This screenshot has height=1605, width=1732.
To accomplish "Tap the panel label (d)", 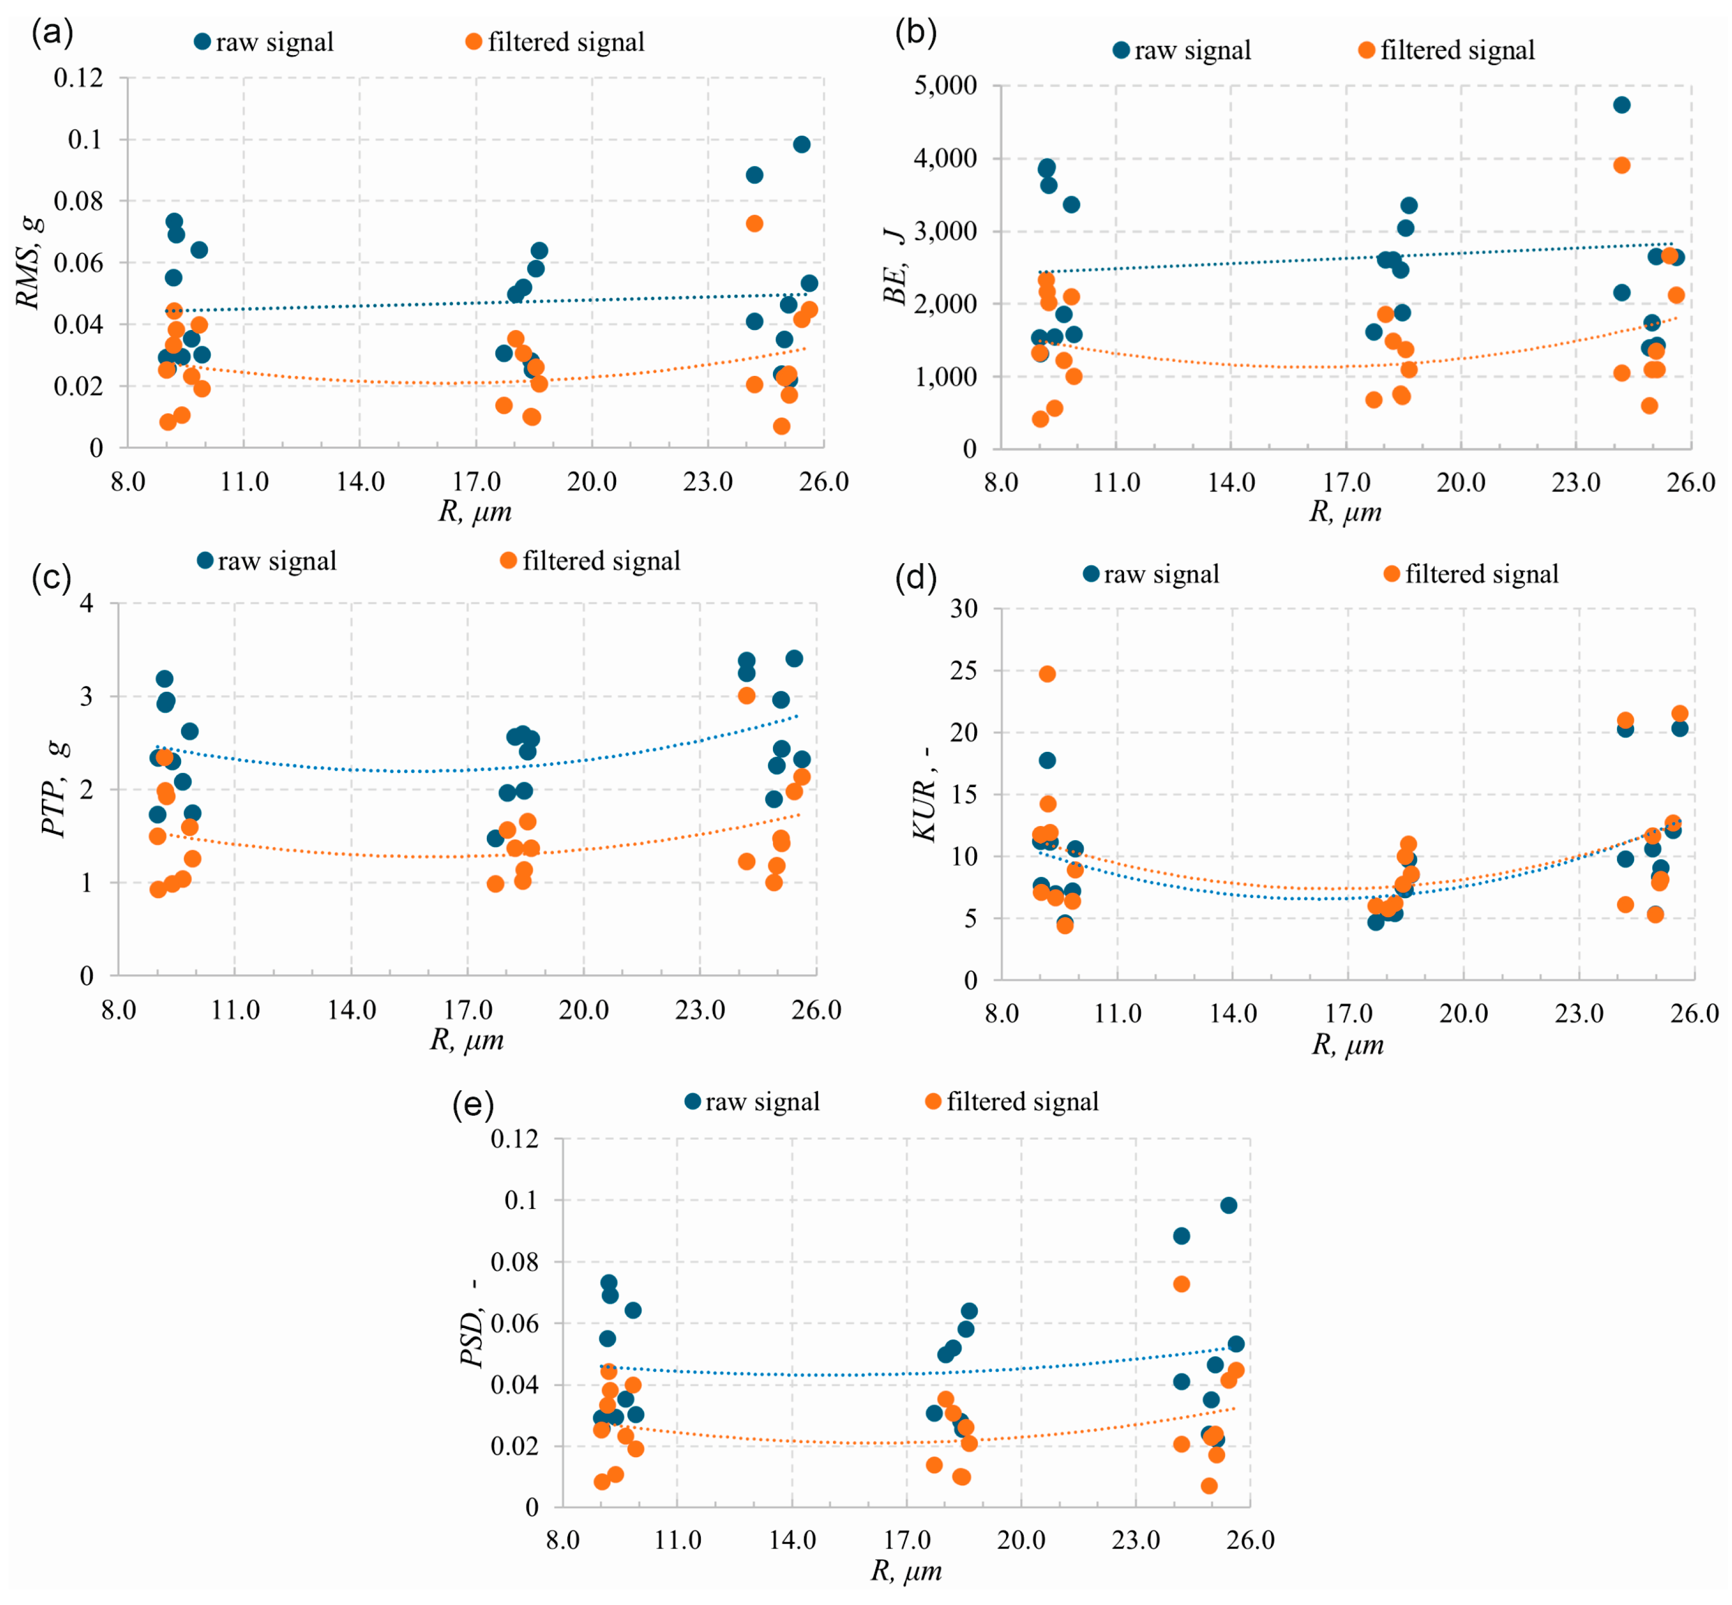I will [x=916, y=578].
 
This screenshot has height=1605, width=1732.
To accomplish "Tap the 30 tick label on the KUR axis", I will [x=963, y=609].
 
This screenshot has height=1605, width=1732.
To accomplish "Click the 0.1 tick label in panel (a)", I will [x=86, y=139].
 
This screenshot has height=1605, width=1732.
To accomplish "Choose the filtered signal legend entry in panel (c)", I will [x=591, y=561].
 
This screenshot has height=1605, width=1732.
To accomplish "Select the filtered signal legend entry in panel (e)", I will [x=1012, y=1101].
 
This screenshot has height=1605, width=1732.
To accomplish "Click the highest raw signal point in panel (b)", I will [x=1621, y=105].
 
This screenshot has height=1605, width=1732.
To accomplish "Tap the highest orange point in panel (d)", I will [x=1047, y=674].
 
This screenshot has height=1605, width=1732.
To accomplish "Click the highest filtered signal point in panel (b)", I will [x=1621, y=165].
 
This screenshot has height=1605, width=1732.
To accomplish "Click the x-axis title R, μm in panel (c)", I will [x=467, y=1039].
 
